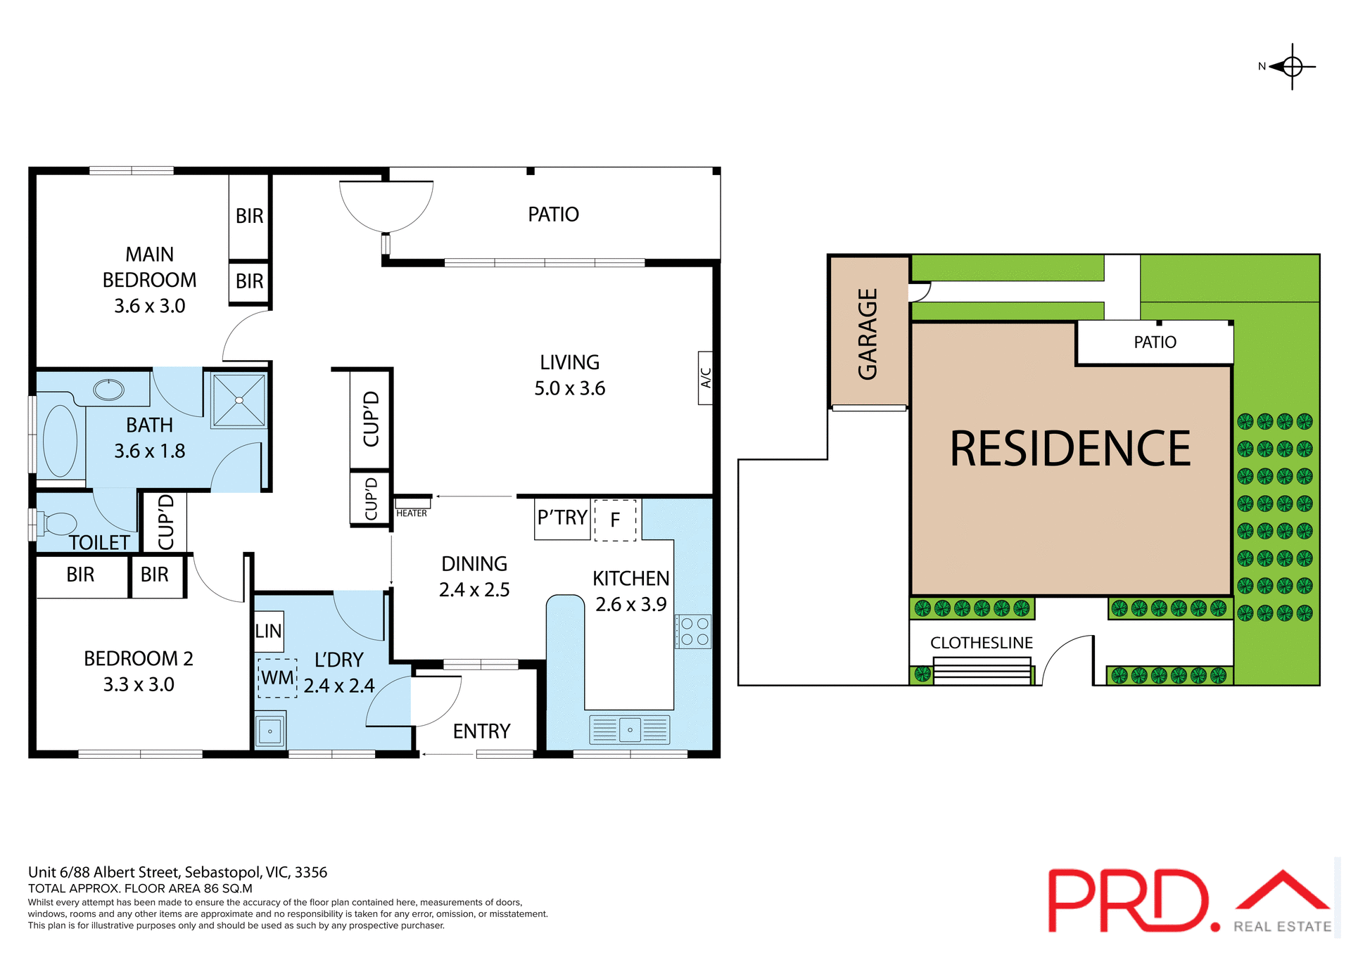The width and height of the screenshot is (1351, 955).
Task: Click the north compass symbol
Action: [x=1292, y=67]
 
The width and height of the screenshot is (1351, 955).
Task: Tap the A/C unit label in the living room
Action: [x=705, y=378]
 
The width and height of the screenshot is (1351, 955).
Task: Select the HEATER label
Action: [x=412, y=513]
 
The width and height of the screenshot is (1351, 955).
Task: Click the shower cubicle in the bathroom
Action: [x=239, y=400]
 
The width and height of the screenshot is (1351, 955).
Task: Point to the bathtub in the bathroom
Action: [x=61, y=441]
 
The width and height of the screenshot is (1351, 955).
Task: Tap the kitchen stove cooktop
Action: [x=694, y=632]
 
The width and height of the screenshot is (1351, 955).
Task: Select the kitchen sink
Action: [x=630, y=730]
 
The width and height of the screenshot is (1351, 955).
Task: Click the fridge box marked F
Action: [x=615, y=520]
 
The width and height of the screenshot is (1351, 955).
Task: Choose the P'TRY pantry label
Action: [x=562, y=518]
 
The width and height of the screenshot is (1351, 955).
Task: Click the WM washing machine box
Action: [x=277, y=678]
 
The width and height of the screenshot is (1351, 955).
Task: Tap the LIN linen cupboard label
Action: [x=269, y=632]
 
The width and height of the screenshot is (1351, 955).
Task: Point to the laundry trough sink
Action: [x=269, y=731]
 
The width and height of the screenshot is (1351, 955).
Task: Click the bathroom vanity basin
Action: [x=108, y=389]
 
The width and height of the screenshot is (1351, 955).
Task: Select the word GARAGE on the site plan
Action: [x=868, y=333]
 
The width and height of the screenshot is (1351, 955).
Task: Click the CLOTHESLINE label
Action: [x=982, y=643]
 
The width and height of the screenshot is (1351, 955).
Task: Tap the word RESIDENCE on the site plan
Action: [x=1070, y=449]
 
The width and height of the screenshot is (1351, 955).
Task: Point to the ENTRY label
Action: [x=481, y=731]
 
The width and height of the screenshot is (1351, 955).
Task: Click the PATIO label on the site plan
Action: [x=1155, y=342]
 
